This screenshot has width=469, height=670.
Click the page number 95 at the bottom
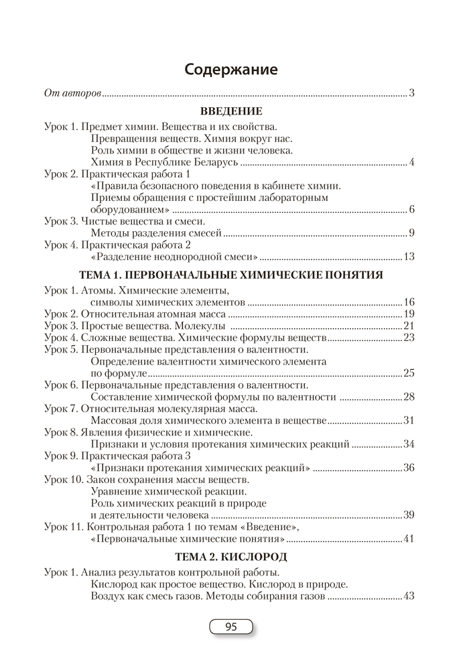click(x=231, y=627)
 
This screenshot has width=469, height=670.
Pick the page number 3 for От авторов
click(x=412, y=92)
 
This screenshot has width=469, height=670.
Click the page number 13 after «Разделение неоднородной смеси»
click(x=409, y=257)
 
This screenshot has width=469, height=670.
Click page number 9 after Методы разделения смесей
click(x=412, y=232)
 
